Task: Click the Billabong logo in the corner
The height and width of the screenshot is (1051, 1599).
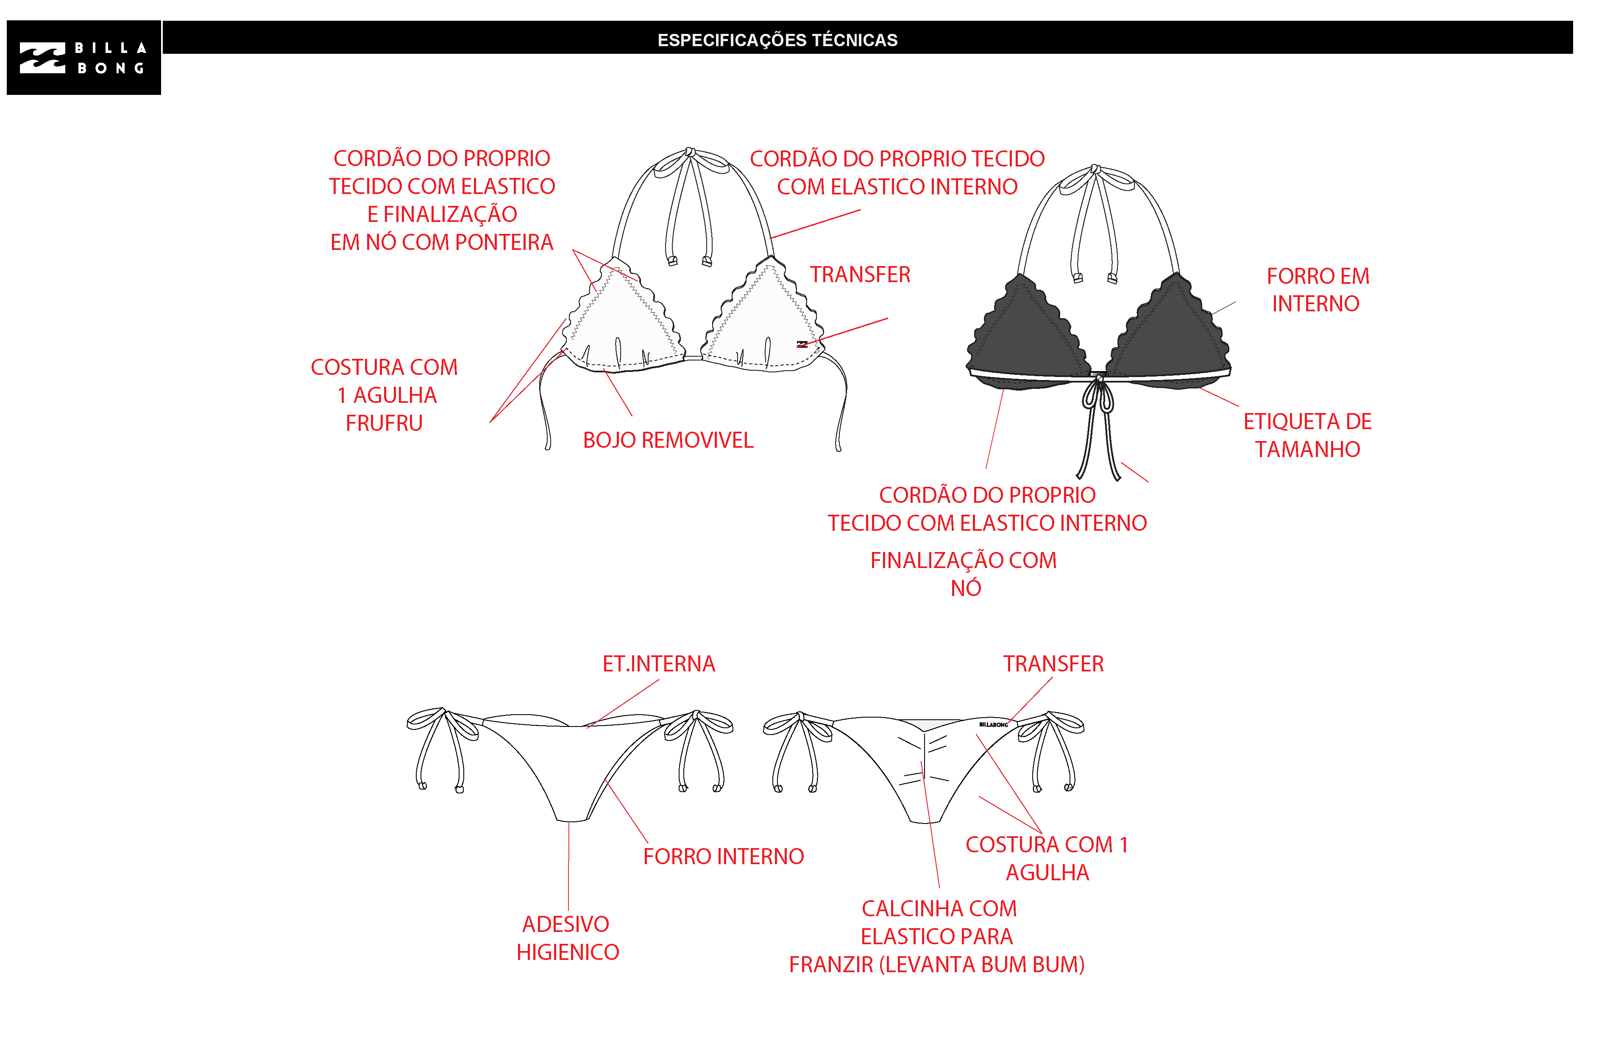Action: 84,58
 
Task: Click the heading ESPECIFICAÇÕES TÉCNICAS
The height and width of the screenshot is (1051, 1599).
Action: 777,40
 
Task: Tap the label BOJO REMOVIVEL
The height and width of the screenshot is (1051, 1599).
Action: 668,441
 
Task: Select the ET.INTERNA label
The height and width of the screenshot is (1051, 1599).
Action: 658,664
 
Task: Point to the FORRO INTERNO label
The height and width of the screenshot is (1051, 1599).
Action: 723,857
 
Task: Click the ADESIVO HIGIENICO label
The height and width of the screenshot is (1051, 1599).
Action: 567,938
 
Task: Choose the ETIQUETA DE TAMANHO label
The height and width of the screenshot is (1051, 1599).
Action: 1307,435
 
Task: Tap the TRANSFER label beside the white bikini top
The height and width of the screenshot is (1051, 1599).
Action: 860,275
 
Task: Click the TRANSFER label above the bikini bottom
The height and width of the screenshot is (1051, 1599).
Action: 1053,664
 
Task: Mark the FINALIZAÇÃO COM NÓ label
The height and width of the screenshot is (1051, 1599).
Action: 964,574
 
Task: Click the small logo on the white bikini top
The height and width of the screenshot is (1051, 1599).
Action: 802,344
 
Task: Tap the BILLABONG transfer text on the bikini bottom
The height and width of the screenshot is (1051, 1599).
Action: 993,725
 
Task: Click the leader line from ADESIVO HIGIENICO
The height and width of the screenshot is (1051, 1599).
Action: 568,866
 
